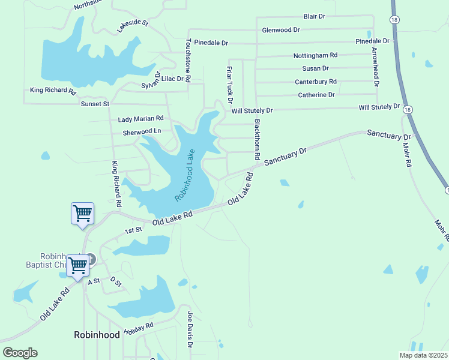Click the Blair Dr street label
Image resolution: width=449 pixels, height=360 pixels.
pos(314,16)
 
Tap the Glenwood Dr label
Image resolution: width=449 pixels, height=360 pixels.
pos(281,29)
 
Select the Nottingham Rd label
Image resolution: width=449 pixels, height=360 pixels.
pos(315,55)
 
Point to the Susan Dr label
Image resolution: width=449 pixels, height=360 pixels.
pos(315,68)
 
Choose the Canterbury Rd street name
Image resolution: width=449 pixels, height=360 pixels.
pos(315,82)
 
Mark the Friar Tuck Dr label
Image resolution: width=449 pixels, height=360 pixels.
pos(229,85)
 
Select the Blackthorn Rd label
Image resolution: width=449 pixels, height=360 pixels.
pos(257,139)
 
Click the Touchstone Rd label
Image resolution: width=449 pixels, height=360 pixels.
pos(188,60)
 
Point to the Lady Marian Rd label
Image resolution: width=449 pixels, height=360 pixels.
pos(140,119)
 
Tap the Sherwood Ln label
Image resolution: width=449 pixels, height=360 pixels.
pos(142,132)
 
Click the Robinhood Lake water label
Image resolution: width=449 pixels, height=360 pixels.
pos(185,175)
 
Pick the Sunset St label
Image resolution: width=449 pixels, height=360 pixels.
pos(95,104)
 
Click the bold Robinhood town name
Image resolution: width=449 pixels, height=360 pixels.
pos(97,335)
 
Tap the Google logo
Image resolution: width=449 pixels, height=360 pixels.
pos(20,353)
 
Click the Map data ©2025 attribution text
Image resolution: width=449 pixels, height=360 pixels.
pos(423,355)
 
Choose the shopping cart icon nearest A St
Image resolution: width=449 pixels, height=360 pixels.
pos(78,265)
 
